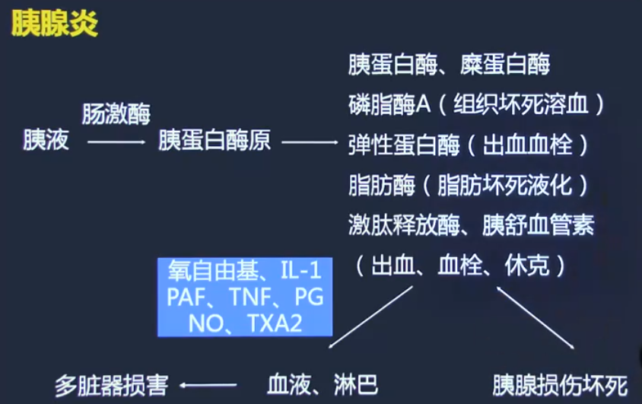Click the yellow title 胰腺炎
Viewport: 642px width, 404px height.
(54, 24)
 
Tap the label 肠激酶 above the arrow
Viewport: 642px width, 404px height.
(116, 115)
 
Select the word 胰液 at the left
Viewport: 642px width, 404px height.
(46, 142)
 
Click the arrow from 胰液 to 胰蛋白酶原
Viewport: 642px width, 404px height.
(116, 142)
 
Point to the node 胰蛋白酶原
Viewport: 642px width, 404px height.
(215, 142)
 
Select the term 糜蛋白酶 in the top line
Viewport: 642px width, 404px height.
(505, 65)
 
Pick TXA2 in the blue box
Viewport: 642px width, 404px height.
(275, 323)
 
